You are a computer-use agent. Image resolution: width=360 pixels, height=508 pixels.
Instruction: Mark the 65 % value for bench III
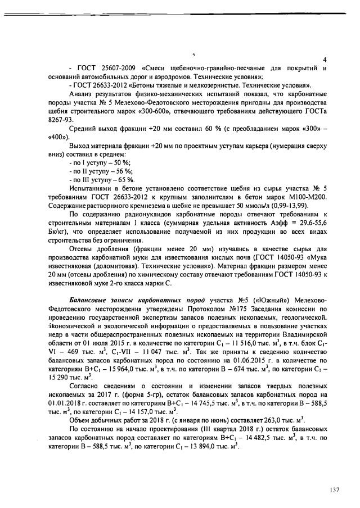pyautogui.click(x=126, y=179)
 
